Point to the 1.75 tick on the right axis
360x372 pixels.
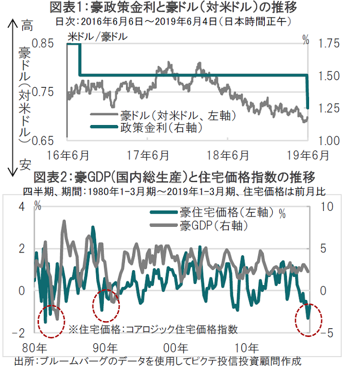click(x=329, y=44)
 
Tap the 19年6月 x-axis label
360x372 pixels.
click(x=307, y=154)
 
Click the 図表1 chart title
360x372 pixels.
click(x=175, y=7)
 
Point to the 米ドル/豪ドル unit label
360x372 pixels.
click(x=98, y=37)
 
